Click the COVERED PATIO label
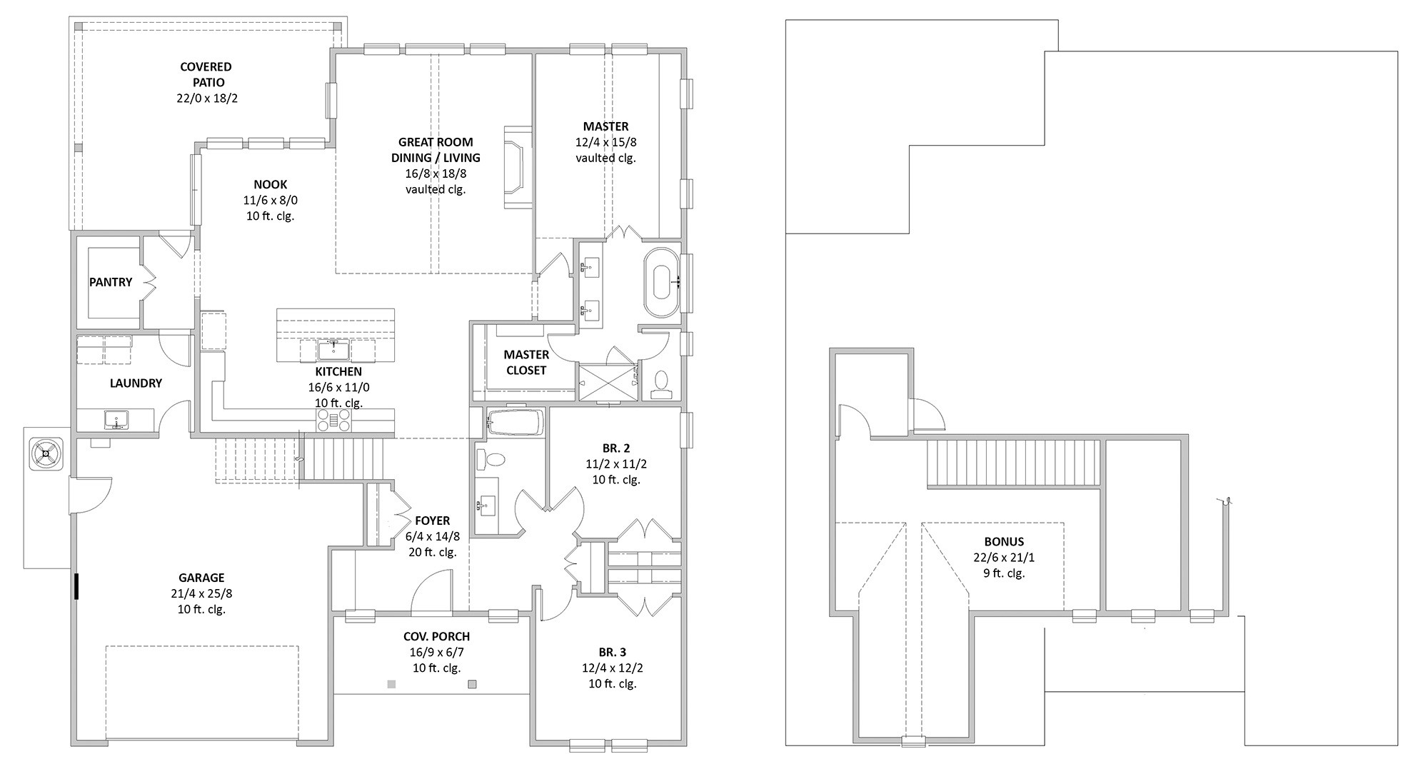pyautogui.click(x=206, y=74)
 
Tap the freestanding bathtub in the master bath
pyautogui.click(x=662, y=282)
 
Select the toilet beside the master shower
pyautogui.click(x=661, y=384)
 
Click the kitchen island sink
pyautogui.click(x=333, y=351)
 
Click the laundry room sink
pyautogui.click(x=115, y=418)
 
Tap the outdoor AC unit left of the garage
pyautogui.click(x=46, y=453)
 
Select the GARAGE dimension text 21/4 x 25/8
pyautogui.click(x=201, y=593)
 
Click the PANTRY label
pyautogui.click(x=111, y=282)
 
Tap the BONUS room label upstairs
pyautogui.click(x=1004, y=542)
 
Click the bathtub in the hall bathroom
pyautogui.click(x=516, y=422)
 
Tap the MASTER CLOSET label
pyautogui.click(x=526, y=362)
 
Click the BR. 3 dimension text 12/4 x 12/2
pyautogui.click(x=613, y=668)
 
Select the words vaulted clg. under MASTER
pyautogui.click(x=605, y=158)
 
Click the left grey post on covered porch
pyautogui.click(x=391, y=684)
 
